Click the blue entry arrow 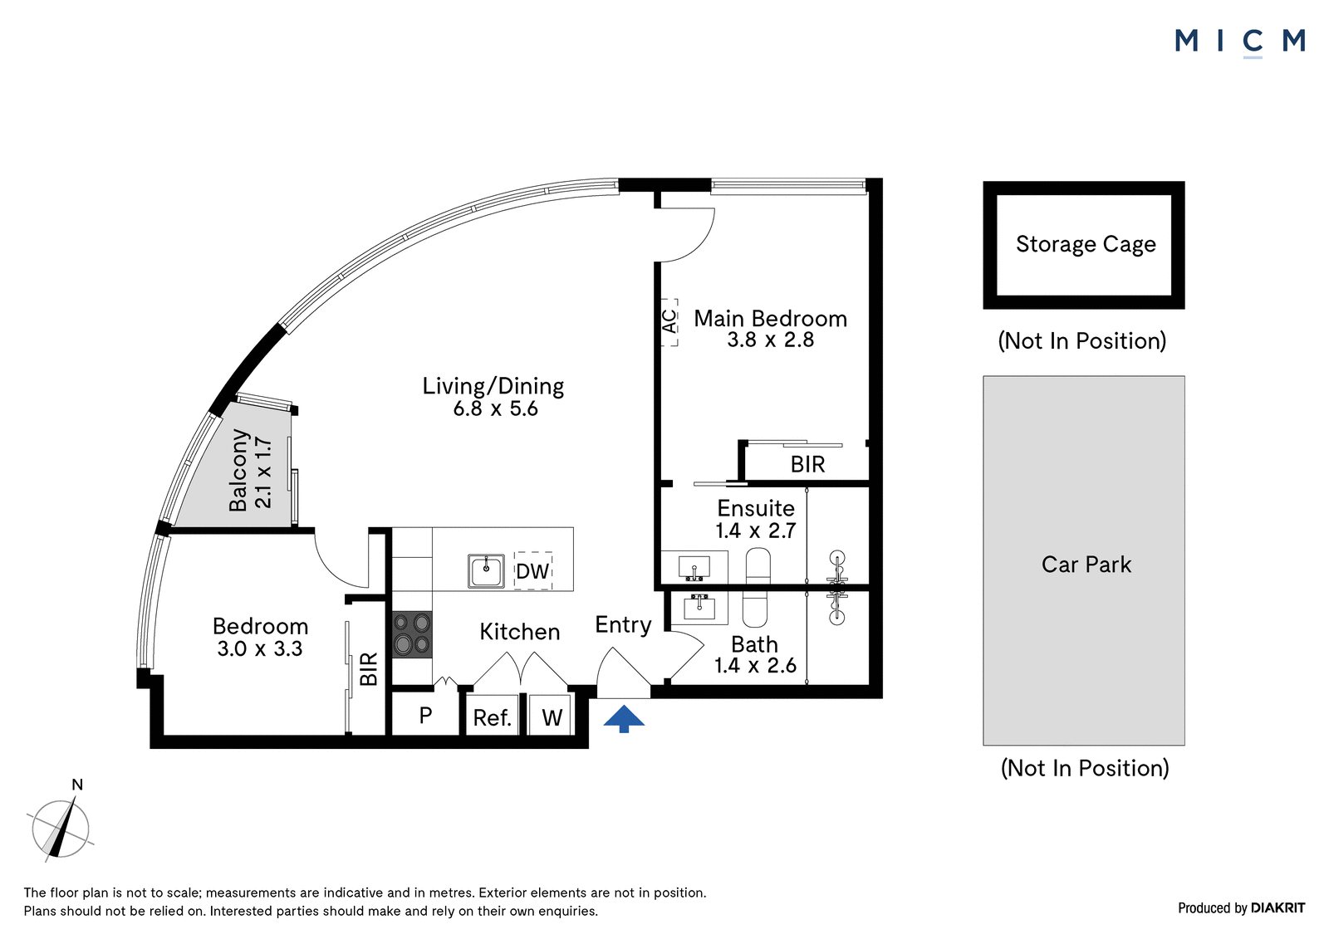[x=624, y=719]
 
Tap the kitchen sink [x=486, y=570]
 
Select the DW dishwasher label [x=532, y=571]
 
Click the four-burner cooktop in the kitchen [x=412, y=634]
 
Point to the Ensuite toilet [x=758, y=565]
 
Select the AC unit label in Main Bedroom [x=669, y=322]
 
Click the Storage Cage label [x=1086, y=244]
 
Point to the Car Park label [x=1086, y=564]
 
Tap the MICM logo [x=1240, y=42]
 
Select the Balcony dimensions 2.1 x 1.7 [x=263, y=473]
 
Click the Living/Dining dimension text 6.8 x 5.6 [x=495, y=408]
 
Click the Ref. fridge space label [x=492, y=718]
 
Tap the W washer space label [x=552, y=718]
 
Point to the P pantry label [x=425, y=716]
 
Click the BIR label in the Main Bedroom [x=807, y=464]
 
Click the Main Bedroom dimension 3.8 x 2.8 [x=771, y=340]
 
